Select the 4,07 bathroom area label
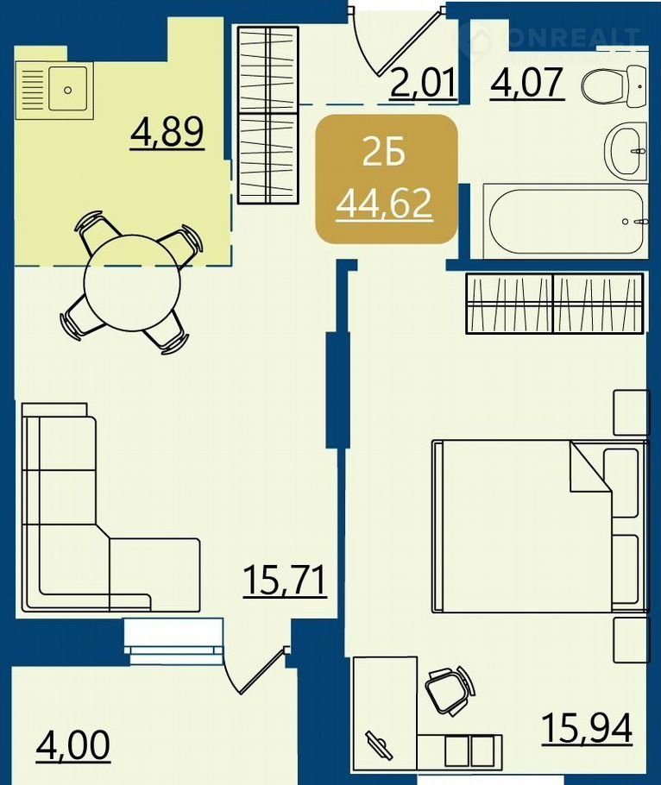point(527,83)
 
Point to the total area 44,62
point(384,204)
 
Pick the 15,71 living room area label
point(285,580)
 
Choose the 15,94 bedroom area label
point(588,728)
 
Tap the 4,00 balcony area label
point(73,744)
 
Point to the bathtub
point(565,221)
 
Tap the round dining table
point(132,283)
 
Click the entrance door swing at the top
point(395,40)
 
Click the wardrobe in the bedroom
point(554,304)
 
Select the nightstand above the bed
point(632,412)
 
